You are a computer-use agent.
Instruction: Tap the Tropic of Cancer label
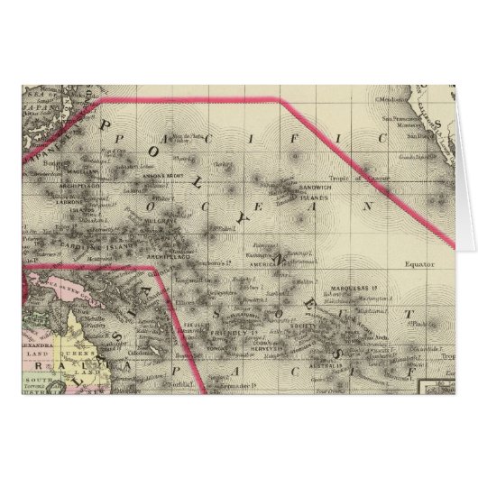[x=363, y=179]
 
